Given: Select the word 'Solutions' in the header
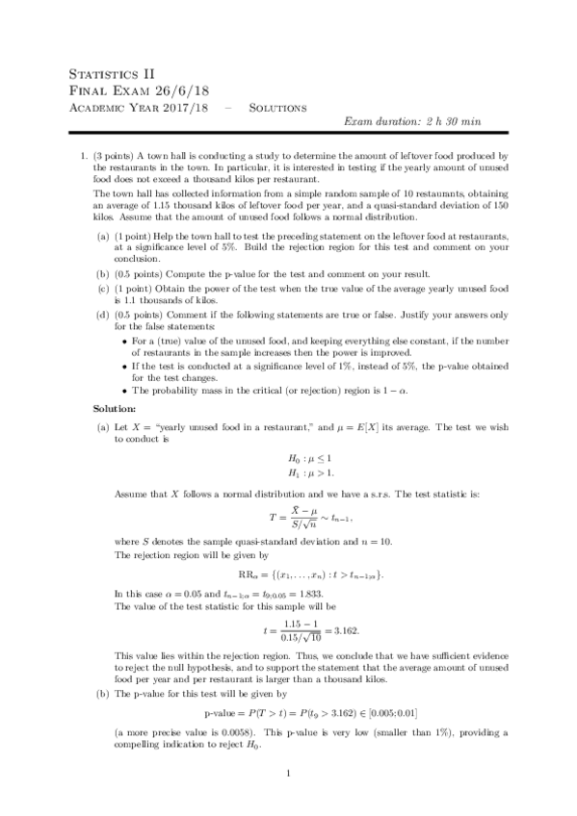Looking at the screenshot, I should (x=277, y=107).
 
